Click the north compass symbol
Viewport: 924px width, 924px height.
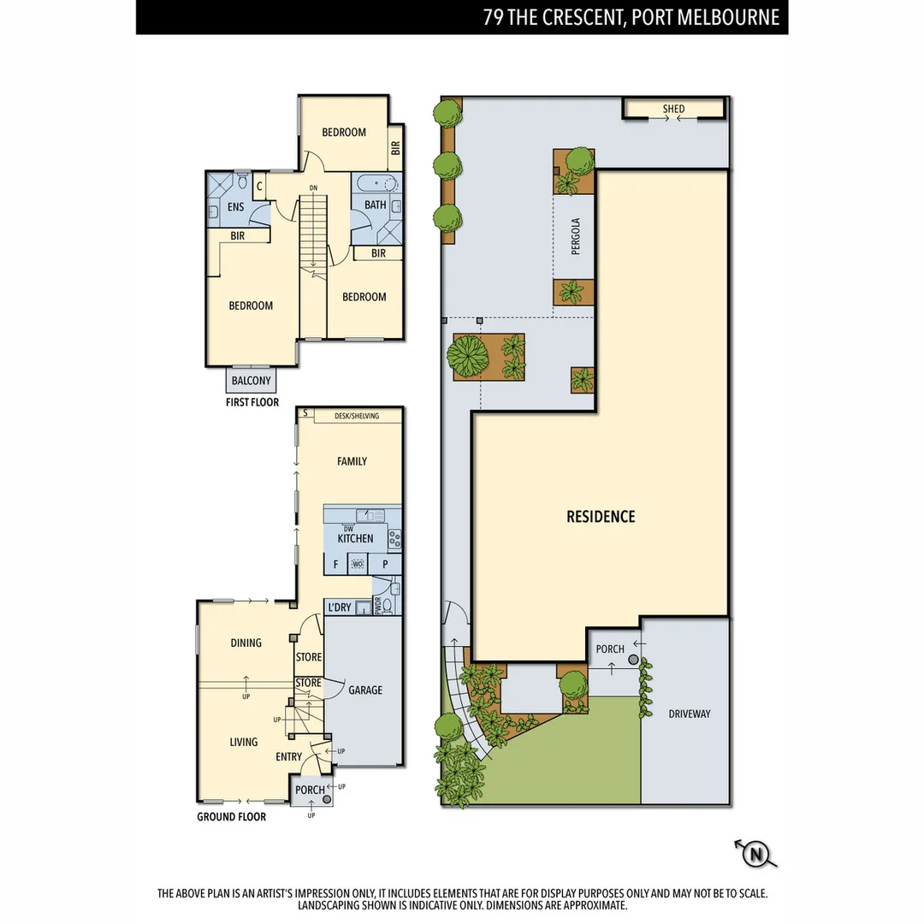[x=755, y=853]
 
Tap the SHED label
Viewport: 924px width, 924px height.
[x=674, y=110]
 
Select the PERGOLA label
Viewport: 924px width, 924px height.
[x=576, y=237]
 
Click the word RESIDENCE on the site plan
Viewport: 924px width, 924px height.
[x=601, y=517]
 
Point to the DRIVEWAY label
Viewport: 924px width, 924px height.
[x=690, y=714]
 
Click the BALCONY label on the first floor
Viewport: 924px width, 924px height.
[x=251, y=381]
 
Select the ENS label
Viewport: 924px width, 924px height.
[x=235, y=207]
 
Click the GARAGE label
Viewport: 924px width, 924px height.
[x=365, y=690]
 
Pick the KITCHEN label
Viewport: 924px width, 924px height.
[x=355, y=539]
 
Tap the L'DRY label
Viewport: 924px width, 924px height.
[x=340, y=607]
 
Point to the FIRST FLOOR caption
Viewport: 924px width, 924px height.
[x=252, y=402]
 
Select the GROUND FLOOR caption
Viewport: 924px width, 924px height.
[x=231, y=817]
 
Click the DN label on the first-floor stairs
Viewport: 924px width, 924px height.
[x=313, y=187]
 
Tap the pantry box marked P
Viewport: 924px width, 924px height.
[x=386, y=565]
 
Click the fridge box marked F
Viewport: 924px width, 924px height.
[x=335, y=565]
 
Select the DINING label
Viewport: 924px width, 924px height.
[x=246, y=643]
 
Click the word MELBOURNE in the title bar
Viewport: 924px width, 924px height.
[x=726, y=18]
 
